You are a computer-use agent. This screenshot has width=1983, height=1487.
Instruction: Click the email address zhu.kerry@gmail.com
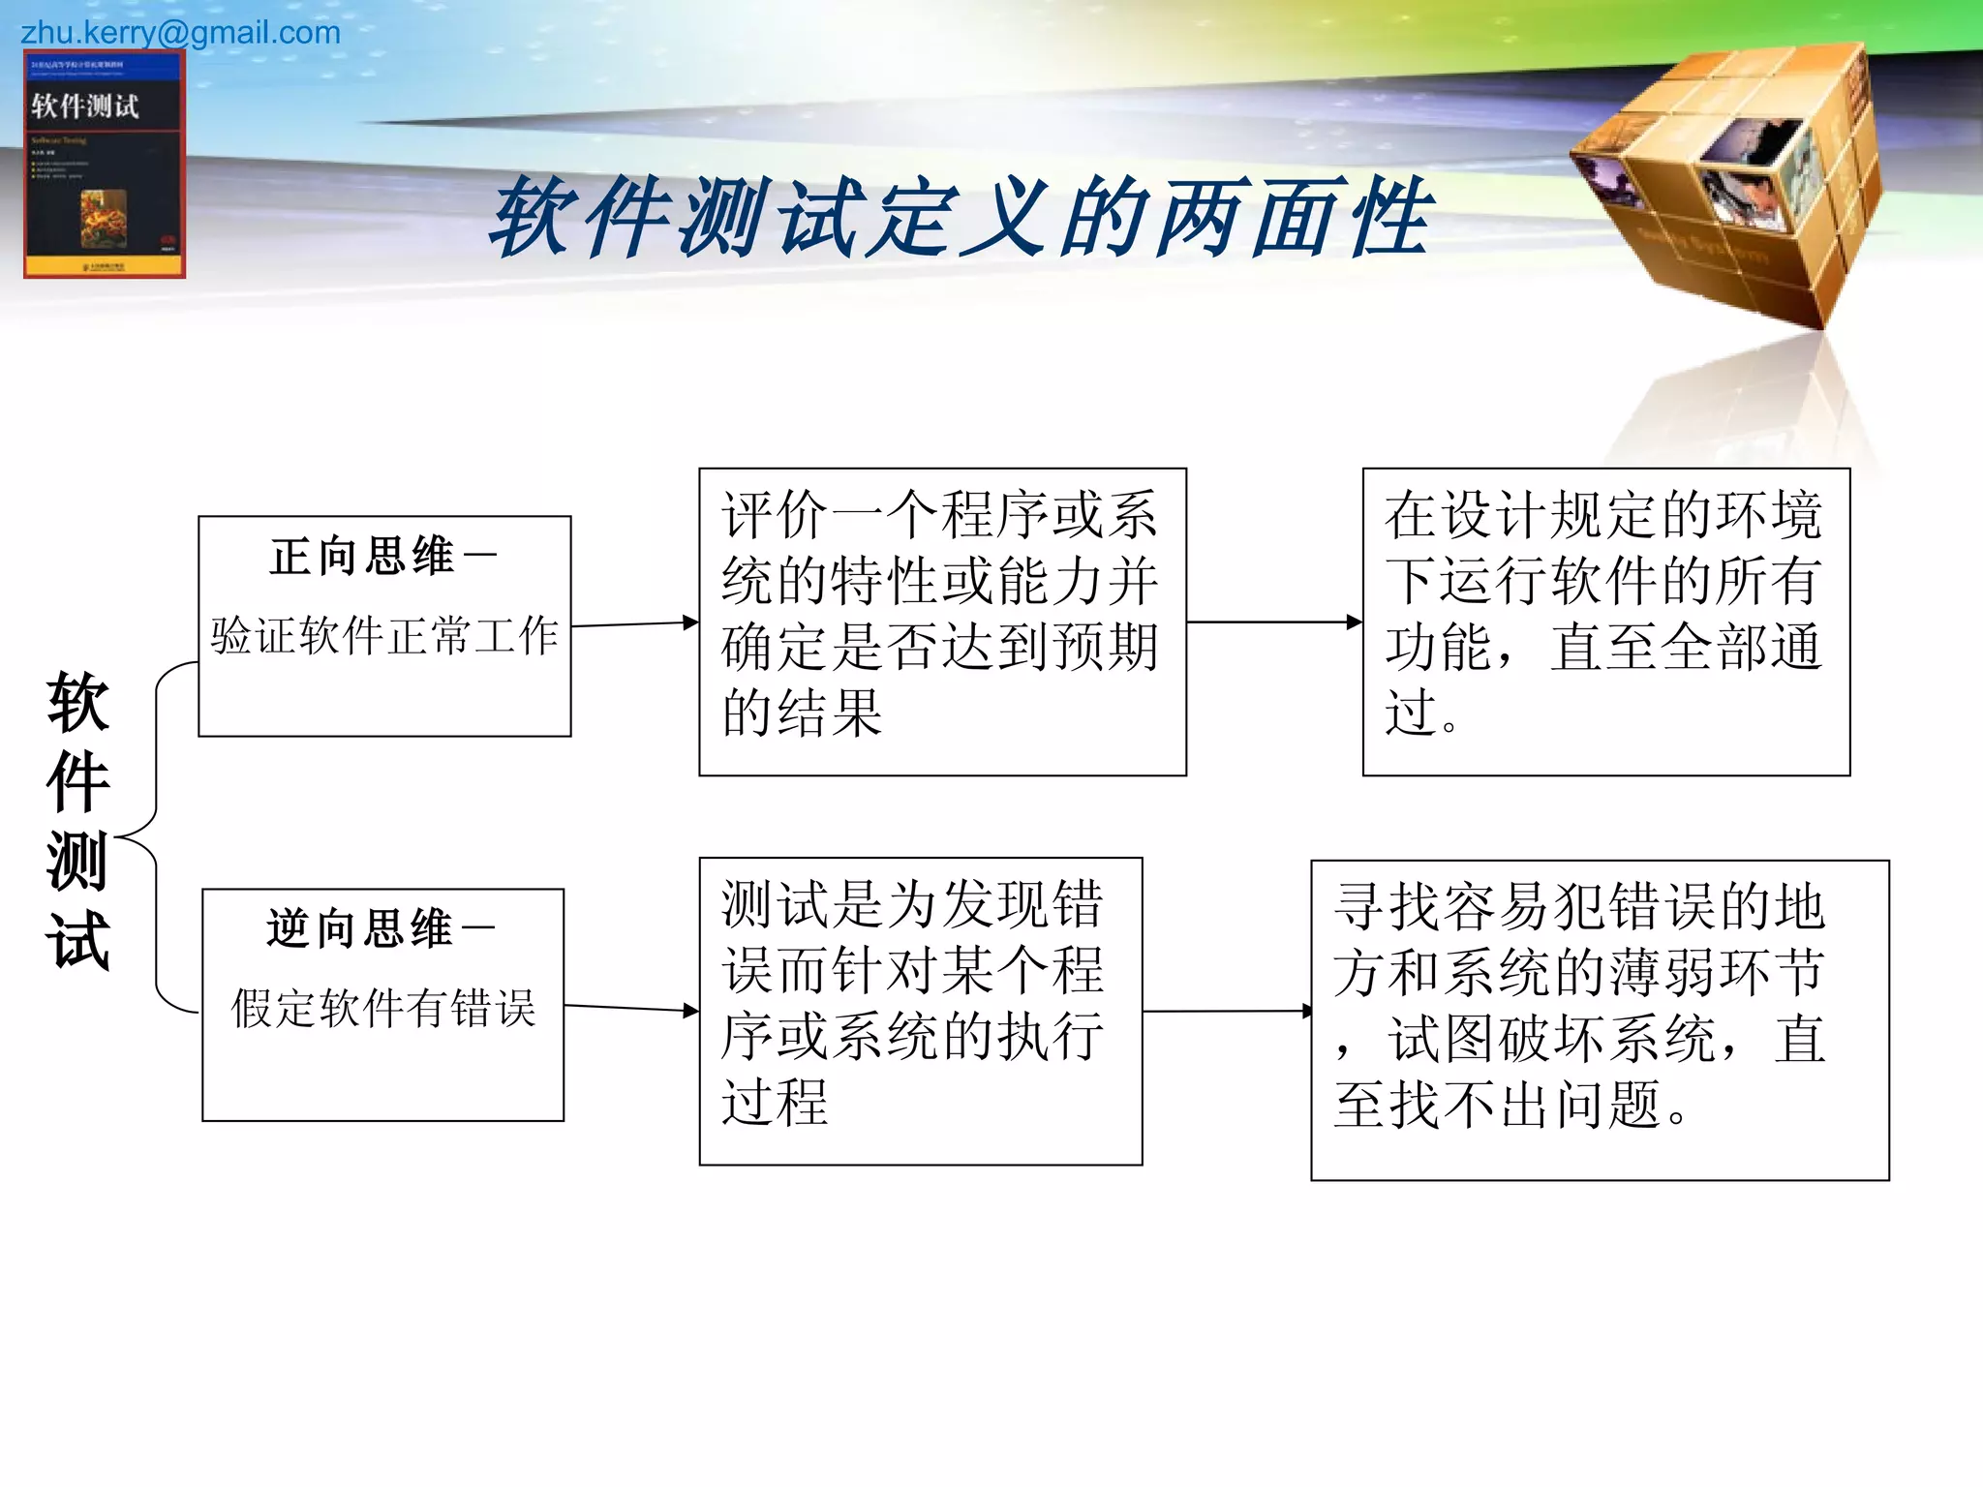tap(180, 33)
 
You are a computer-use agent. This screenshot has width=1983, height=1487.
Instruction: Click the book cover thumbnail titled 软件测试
tap(105, 165)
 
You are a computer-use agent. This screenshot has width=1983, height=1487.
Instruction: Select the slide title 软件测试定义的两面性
tap(961, 218)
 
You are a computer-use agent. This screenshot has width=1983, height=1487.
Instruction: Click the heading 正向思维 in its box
tap(362, 557)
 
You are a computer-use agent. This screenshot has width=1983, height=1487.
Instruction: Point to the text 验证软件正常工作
tap(384, 636)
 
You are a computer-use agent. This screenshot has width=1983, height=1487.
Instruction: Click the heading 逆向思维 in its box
tap(359, 928)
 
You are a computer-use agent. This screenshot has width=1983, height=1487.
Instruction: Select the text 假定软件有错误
tap(383, 1008)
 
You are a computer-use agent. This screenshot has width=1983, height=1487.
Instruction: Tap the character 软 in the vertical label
tap(77, 702)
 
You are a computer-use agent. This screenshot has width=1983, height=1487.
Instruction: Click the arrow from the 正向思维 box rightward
tap(634, 623)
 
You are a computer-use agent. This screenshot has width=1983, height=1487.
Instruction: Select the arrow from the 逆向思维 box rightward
tap(630, 1009)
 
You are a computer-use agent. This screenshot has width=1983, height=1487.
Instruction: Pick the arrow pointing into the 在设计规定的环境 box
tap(1273, 622)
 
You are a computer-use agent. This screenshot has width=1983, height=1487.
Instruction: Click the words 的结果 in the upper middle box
tap(802, 713)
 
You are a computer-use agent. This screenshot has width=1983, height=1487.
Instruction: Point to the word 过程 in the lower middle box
tap(775, 1102)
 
